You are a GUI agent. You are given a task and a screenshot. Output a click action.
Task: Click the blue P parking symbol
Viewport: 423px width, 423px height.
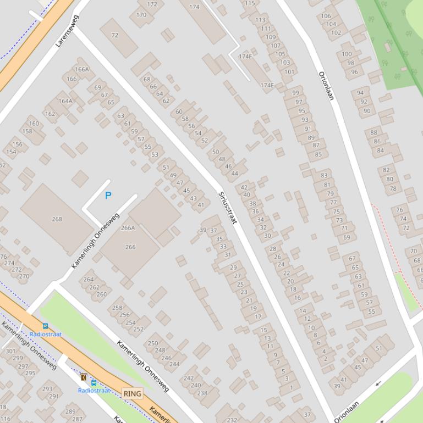[108, 196]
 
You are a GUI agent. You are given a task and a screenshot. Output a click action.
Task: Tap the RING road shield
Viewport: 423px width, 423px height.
[133, 394]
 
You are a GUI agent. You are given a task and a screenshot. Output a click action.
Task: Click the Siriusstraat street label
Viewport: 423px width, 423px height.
[227, 207]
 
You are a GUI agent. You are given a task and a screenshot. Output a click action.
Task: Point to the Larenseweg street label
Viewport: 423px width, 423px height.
[67, 31]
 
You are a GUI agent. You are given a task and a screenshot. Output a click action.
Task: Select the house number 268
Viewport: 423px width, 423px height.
[57, 219]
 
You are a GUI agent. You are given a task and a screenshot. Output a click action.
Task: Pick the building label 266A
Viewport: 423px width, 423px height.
[128, 228]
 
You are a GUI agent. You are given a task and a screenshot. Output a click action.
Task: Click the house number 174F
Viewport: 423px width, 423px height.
[245, 57]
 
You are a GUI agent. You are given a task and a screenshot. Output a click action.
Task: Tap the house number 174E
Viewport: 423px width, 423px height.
[267, 85]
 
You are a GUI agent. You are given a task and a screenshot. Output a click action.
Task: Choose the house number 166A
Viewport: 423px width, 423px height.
[81, 69]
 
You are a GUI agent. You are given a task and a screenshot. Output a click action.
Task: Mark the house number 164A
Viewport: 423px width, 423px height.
[65, 101]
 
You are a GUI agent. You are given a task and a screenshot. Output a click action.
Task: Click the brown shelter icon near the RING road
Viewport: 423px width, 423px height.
[84, 377]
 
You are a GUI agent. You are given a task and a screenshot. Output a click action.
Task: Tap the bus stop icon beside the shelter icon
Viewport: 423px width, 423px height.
[94, 382]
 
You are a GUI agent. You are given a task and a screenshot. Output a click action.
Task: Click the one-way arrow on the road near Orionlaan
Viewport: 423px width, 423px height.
[378, 383]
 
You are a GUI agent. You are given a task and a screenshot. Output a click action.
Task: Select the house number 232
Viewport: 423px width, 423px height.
[232, 420]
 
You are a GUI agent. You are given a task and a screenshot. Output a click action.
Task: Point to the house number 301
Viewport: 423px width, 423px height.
[10, 351]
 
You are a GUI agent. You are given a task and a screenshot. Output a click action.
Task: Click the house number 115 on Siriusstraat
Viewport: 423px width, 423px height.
[250, 3]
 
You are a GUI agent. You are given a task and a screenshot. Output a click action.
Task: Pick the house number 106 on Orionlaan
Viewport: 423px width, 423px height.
[326, 16]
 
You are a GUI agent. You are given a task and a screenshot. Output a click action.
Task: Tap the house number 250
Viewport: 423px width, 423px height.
[152, 343]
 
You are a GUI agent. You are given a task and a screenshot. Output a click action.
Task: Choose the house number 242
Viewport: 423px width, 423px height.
[189, 378]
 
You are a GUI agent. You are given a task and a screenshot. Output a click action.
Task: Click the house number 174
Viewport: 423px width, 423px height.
[194, 7]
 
